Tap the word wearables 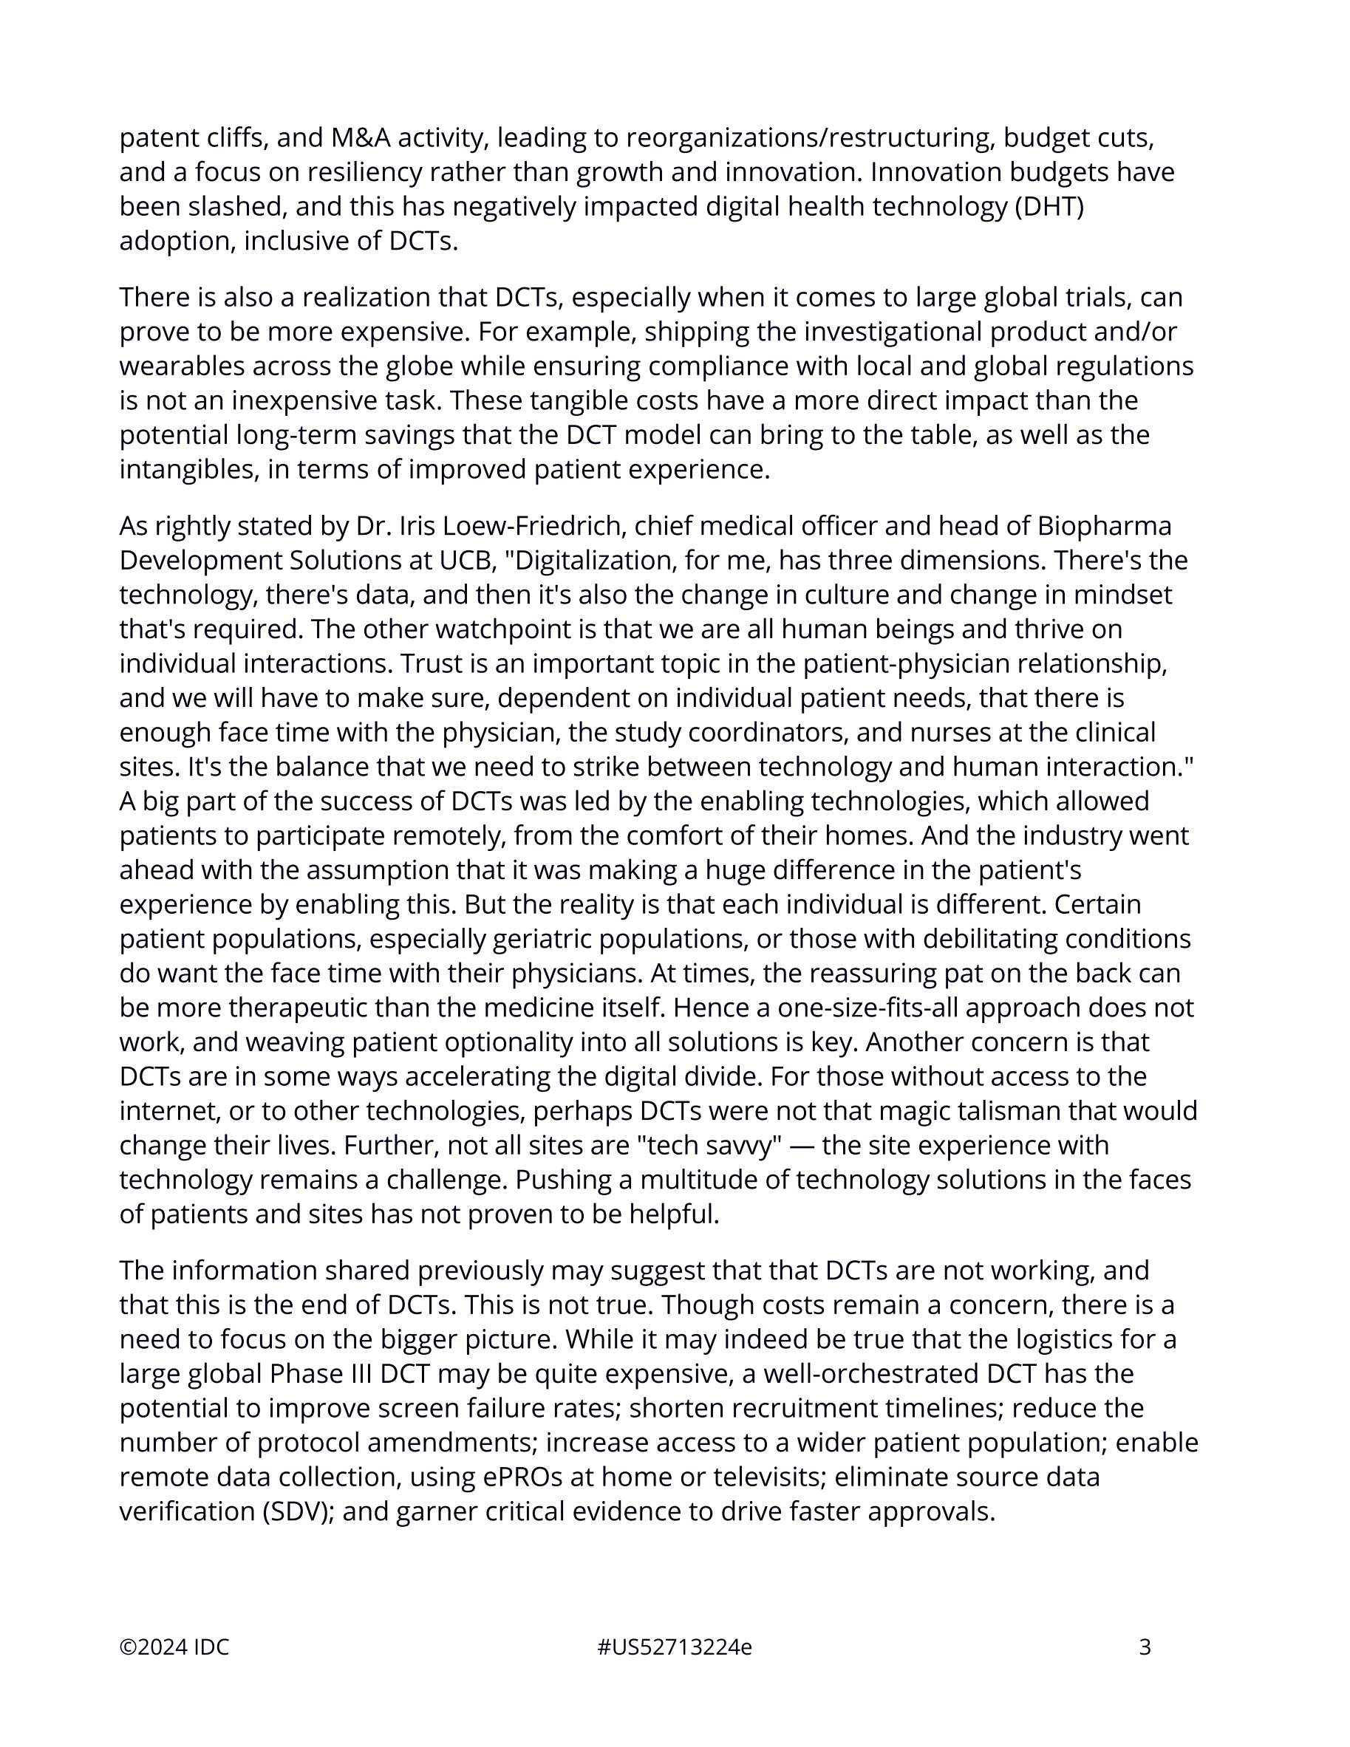coord(182,366)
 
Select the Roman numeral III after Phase coord(356,1374)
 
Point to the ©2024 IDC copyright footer coord(174,1648)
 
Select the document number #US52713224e coord(674,1648)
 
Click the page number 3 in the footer coord(1145,1648)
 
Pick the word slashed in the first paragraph coord(234,207)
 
